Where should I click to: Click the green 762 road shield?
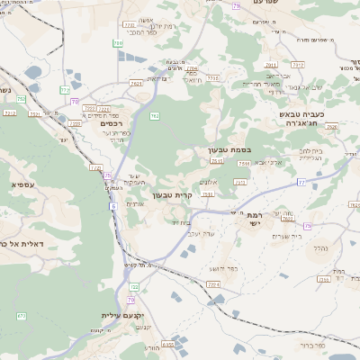155,116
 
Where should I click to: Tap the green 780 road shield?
118,42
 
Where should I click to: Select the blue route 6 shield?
114,206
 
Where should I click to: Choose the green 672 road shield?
21,316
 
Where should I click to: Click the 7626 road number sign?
331,127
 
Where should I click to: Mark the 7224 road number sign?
212,283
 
